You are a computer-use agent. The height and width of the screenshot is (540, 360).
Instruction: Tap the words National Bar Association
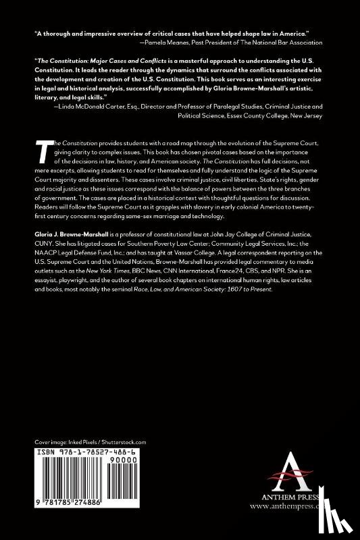(x=292, y=42)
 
